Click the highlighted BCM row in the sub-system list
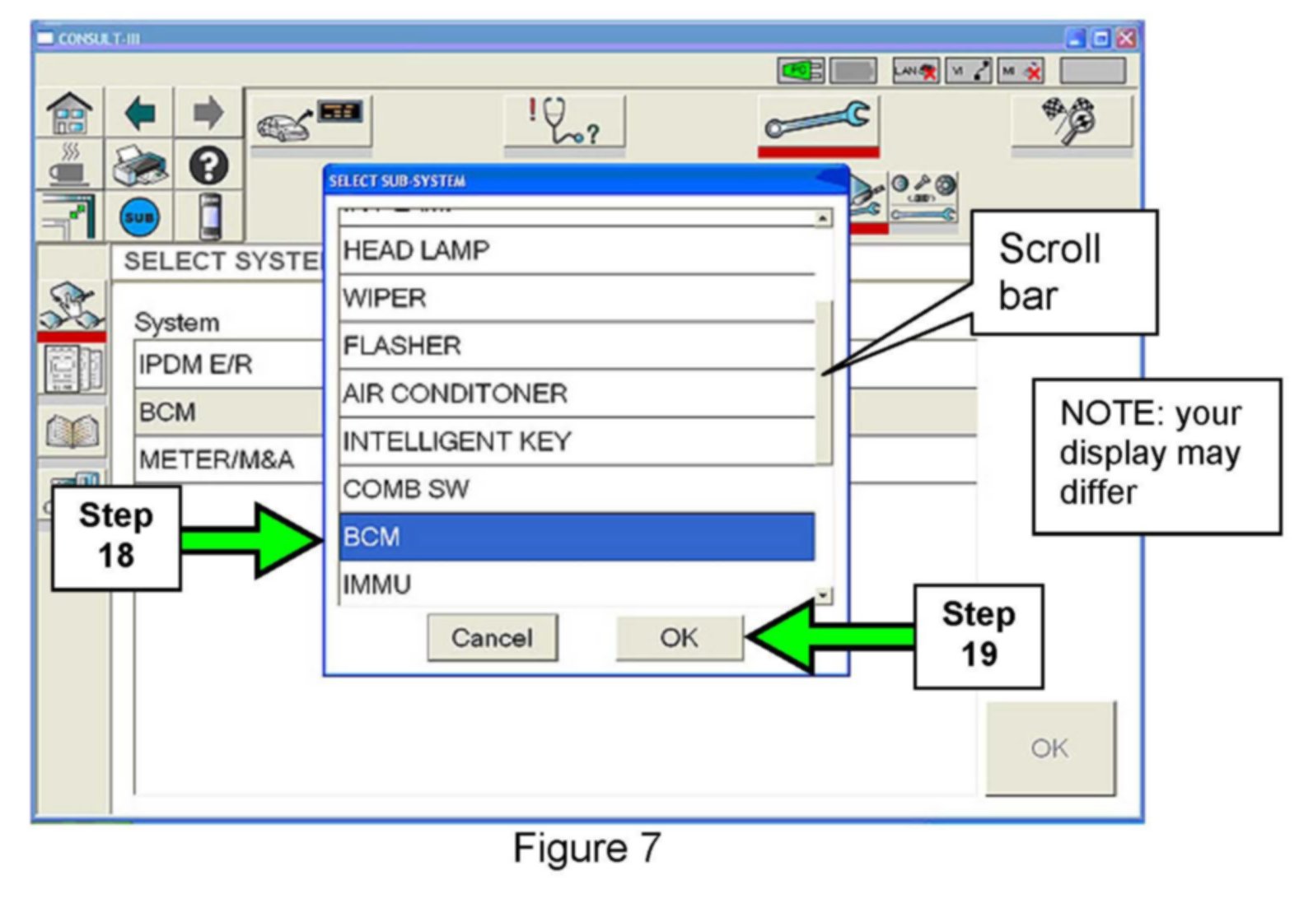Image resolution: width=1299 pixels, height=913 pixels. pyautogui.click(x=576, y=537)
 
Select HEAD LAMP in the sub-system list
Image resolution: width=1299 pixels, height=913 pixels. pyautogui.click(x=576, y=250)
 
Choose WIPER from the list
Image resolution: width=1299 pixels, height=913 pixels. pyautogui.click(x=576, y=298)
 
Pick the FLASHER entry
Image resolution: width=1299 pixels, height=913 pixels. pyautogui.click(x=576, y=346)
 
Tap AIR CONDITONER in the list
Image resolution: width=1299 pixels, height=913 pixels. pyautogui.click(x=576, y=394)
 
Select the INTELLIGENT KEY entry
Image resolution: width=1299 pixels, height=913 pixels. pyautogui.click(x=576, y=441)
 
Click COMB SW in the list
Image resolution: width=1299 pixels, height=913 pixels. pyautogui.click(x=576, y=489)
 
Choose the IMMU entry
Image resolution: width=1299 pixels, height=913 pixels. pyautogui.click(x=576, y=584)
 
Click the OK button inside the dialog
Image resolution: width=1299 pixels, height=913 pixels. pyautogui.click(x=679, y=637)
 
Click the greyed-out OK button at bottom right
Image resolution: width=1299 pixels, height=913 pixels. pyautogui.click(x=1049, y=748)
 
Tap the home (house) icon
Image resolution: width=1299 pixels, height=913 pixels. pyautogui.click(x=69, y=113)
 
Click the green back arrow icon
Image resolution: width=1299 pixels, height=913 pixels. pyautogui.click(x=140, y=113)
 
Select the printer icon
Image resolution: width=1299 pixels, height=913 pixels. pyautogui.click(x=140, y=166)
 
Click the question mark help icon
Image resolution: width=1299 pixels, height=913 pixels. pyautogui.click(x=208, y=165)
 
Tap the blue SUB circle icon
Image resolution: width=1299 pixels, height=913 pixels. pyautogui.click(x=139, y=218)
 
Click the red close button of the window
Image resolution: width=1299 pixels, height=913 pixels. pyautogui.click(x=1125, y=38)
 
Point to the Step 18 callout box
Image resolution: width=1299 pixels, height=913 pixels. pyautogui.click(x=116, y=537)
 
